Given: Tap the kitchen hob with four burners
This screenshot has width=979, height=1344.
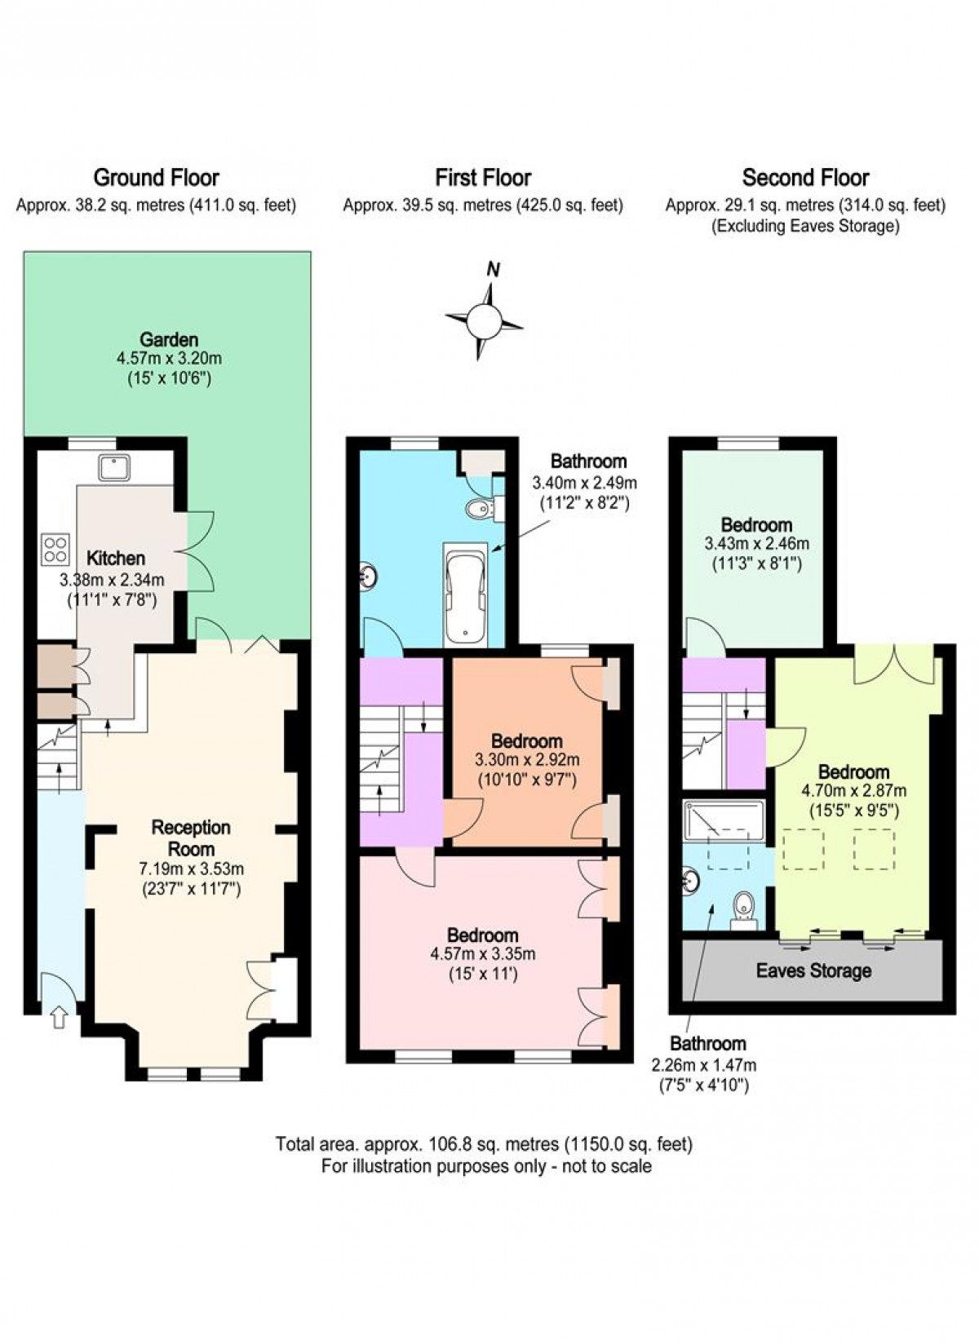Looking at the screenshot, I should (x=55, y=548).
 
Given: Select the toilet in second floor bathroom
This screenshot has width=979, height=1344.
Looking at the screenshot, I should (x=743, y=907).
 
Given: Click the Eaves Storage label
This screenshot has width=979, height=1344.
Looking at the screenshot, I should (x=813, y=970).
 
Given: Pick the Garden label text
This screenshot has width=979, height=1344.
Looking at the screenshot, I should (x=169, y=339).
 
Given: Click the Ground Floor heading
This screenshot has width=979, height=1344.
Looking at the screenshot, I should (x=156, y=177).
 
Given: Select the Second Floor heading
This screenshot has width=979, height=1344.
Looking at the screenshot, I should (x=805, y=177).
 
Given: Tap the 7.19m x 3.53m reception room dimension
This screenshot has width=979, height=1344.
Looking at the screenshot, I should (x=191, y=869).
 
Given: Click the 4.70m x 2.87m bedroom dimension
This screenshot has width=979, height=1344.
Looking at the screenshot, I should (x=853, y=790).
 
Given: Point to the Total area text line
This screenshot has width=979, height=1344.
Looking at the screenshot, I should (x=484, y=1144).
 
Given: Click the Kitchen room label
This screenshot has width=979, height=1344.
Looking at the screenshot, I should (x=116, y=559).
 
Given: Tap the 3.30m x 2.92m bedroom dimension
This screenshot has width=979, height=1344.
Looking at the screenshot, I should (x=526, y=760).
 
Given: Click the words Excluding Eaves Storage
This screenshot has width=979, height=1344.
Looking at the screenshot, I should (x=805, y=226).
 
